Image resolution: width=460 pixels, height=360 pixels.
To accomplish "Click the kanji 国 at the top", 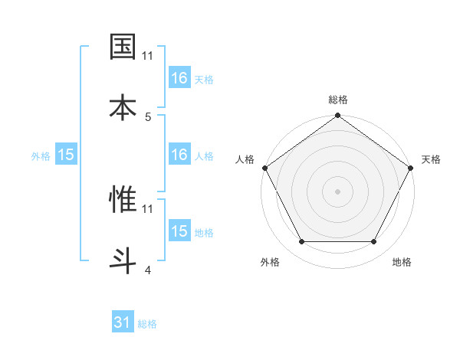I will [123, 47].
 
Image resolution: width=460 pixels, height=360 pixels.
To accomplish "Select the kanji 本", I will [123, 106].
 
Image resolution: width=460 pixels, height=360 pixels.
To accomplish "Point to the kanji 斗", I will [123, 258].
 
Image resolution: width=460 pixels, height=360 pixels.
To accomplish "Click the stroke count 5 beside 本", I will [148, 116].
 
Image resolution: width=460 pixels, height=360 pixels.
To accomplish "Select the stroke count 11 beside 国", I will [148, 56].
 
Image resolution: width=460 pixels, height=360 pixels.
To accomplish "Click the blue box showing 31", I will [123, 322].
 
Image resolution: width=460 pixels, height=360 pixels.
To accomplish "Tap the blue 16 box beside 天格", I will [179, 78].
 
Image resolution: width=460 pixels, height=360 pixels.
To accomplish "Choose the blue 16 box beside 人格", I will [179, 155].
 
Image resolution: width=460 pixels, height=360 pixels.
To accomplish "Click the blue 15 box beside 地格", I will [179, 231].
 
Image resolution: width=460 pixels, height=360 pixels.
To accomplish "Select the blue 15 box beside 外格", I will [66, 155].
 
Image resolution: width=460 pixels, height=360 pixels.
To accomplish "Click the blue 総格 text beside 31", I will [147, 324].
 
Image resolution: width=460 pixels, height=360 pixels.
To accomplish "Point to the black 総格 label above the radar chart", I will [337, 100].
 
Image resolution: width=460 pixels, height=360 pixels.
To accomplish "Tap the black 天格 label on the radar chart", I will [431, 159].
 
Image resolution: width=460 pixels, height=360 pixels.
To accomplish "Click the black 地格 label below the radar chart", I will [402, 262].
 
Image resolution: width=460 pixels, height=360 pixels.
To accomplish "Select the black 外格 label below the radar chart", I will [270, 262].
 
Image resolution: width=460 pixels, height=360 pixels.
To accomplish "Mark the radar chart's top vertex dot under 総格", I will [337, 116].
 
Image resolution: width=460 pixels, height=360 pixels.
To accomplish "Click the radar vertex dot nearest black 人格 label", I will [265, 168].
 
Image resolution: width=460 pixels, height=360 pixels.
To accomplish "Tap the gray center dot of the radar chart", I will [337, 191].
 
